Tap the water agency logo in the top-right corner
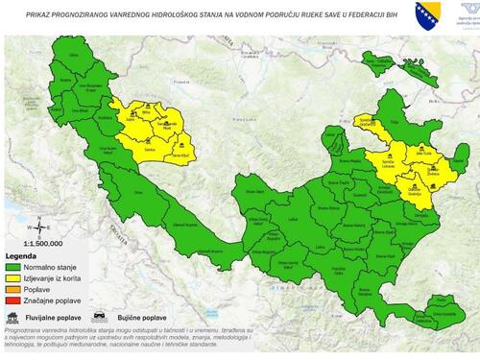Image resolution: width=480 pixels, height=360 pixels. point(456,14)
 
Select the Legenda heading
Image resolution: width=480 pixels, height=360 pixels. point(21,257)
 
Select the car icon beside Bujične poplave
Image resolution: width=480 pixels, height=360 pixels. point(98,315)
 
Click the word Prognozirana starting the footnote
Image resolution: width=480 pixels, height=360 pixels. point(27,328)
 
